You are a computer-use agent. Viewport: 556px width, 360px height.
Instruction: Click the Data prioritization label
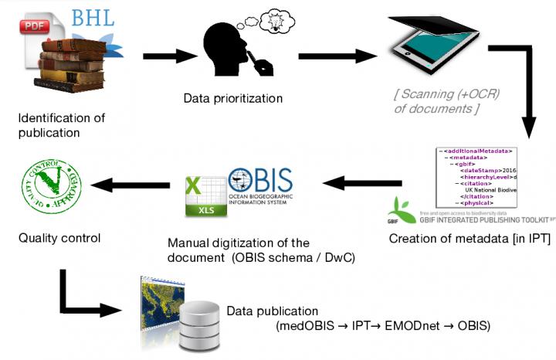click(x=232, y=98)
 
